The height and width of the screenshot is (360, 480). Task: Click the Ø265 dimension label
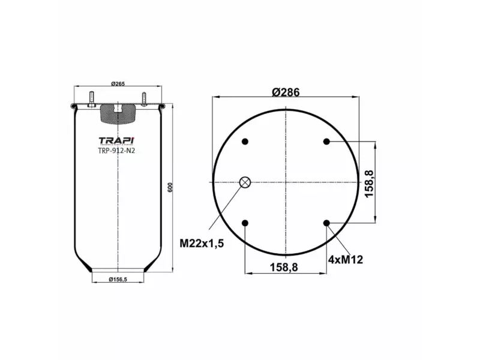point(118,84)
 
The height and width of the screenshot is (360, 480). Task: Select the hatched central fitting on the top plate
point(118,112)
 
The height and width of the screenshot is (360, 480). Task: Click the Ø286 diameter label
point(286,92)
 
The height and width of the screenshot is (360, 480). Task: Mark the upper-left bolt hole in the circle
point(245,142)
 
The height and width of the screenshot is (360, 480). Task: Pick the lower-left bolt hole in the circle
point(245,224)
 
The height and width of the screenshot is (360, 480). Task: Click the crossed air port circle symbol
point(245,182)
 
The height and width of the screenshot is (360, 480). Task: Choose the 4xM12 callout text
point(346,259)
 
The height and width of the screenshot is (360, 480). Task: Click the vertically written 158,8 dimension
point(370,183)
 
